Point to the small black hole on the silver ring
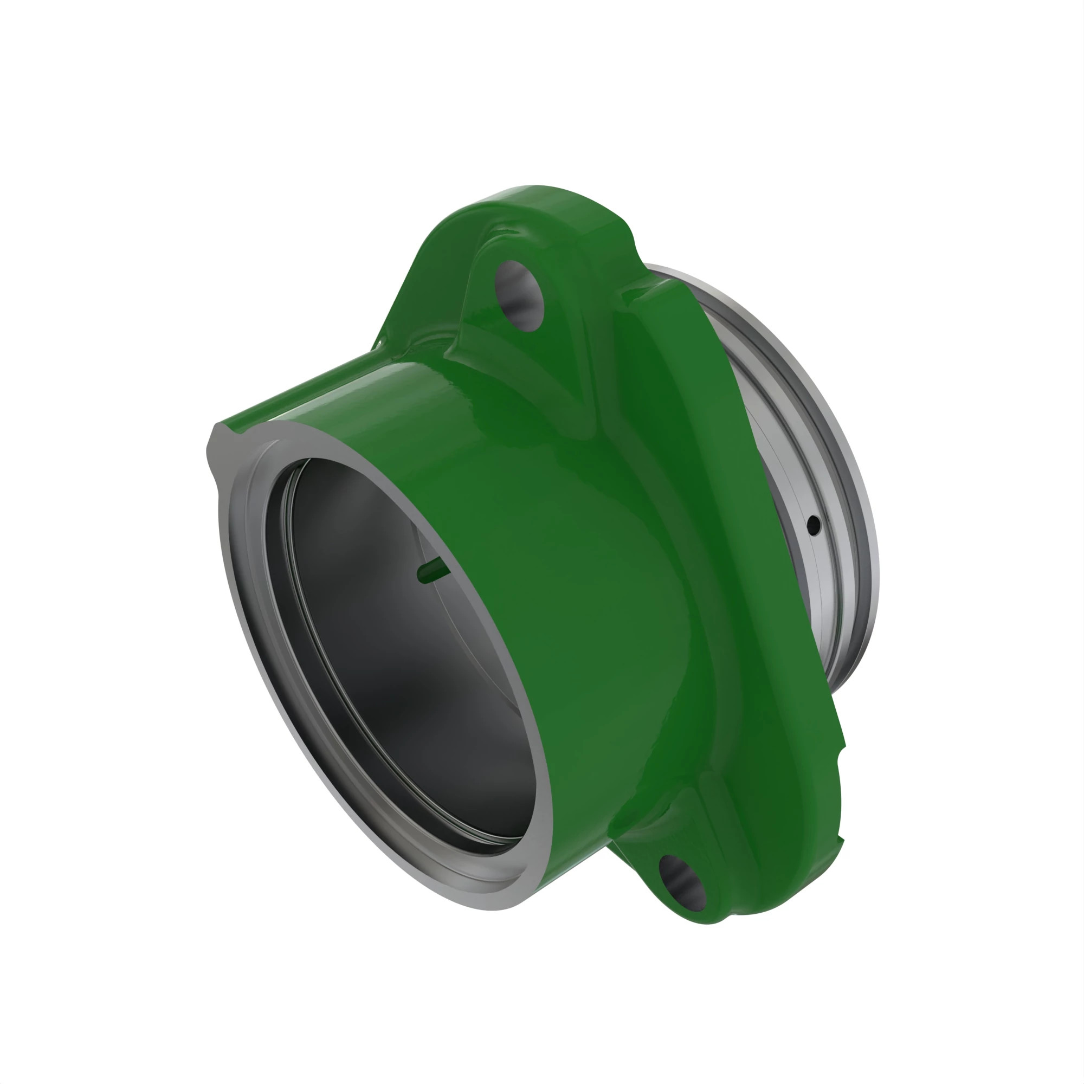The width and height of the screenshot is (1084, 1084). click(814, 525)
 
